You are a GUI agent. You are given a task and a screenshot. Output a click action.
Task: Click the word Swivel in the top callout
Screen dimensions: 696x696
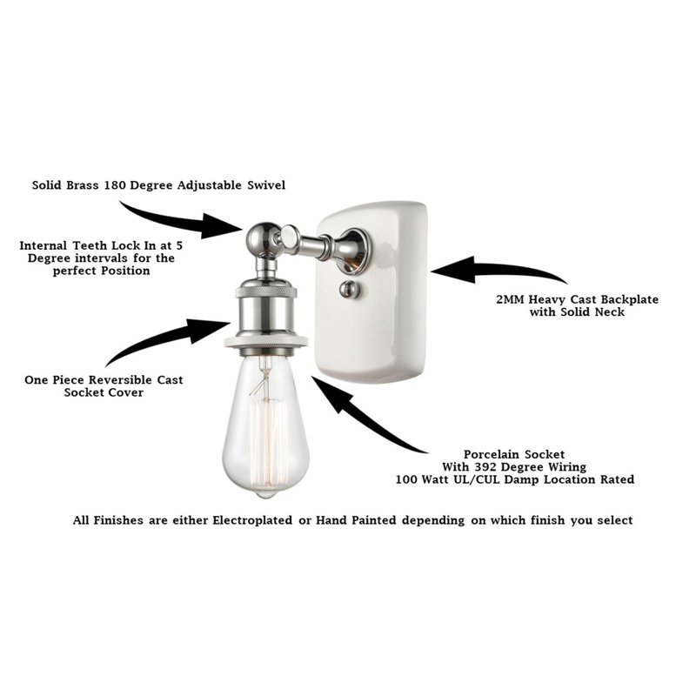click(266, 185)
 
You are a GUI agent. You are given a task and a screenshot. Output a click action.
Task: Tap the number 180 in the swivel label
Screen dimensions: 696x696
click(115, 185)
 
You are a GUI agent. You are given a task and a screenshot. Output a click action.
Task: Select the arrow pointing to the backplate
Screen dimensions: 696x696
click(497, 269)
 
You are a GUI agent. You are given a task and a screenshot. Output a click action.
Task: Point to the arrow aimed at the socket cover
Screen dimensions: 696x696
click(166, 340)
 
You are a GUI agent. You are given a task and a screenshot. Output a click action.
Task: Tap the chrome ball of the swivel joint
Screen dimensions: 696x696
click(261, 238)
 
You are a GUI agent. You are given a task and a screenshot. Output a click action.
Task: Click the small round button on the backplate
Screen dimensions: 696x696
click(350, 289)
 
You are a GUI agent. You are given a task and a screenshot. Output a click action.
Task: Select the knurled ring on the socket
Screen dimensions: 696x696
click(266, 291)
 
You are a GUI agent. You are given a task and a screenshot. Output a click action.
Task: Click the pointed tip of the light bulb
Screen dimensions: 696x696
click(265, 495)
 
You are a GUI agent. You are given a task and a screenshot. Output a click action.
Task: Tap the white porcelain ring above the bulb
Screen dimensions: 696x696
click(266, 341)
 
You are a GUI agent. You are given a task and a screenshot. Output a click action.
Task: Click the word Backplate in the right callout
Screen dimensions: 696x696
click(628, 299)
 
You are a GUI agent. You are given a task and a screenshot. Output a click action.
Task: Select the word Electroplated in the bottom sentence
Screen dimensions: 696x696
click(252, 520)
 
